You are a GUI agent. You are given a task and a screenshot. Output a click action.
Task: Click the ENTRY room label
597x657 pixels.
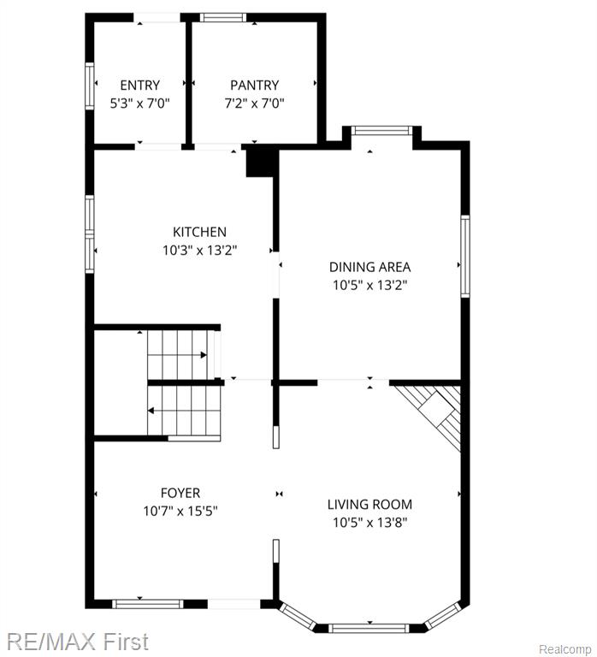[x=140, y=85]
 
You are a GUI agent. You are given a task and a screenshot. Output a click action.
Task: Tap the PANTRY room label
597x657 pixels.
[x=254, y=85]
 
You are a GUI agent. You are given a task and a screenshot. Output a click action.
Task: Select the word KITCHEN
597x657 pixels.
[x=200, y=232]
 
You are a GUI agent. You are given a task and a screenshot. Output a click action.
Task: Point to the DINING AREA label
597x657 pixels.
[x=370, y=267]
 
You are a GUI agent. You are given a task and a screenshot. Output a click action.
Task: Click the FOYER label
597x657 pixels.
[x=180, y=493]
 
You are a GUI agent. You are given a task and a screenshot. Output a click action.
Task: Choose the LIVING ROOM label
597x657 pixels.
[x=370, y=504]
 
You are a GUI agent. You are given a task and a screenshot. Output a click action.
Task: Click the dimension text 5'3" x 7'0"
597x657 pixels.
[x=140, y=103]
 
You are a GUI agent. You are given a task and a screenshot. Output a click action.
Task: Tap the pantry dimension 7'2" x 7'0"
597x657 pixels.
[x=254, y=103]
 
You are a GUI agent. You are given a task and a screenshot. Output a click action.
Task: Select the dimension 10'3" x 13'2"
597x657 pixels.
[x=200, y=250]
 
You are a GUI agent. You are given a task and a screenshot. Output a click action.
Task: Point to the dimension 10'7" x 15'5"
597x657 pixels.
[x=180, y=512]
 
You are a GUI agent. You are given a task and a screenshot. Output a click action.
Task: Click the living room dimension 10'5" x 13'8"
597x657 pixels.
[x=370, y=523]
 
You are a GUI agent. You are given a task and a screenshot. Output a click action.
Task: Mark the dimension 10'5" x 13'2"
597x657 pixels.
[x=370, y=286]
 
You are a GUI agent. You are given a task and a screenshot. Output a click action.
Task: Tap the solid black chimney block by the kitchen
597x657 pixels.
[x=262, y=161]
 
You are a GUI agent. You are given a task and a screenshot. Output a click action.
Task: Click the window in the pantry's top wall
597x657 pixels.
[x=223, y=17]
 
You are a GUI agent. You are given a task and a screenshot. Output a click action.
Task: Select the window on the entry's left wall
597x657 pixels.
[x=90, y=86]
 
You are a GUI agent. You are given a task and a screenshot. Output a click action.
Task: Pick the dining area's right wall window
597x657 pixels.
[x=465, y=257]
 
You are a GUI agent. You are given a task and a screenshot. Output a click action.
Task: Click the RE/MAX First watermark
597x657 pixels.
[x=78, y=641]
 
